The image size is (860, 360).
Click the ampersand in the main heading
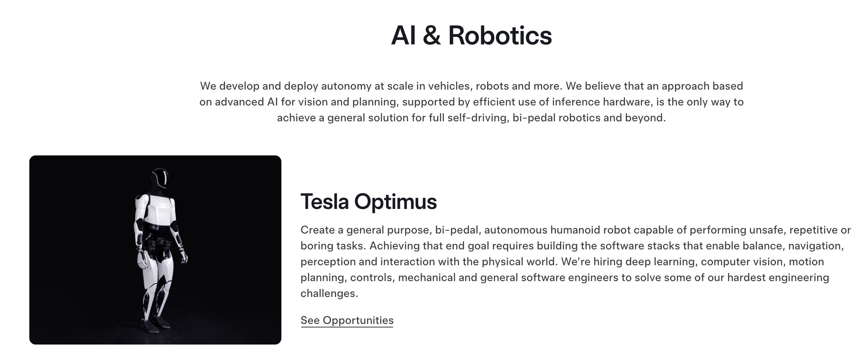tap(432, 35)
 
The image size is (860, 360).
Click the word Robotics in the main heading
tap(500, 35)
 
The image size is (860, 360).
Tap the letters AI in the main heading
tap(403, 35)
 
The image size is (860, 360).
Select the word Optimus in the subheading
tap(395, 201)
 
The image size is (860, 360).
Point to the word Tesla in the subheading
tap(325, 201)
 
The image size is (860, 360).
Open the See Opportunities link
tap(347, 320)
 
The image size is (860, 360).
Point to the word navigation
tap(816, 246)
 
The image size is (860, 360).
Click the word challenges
tap(329, 293)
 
